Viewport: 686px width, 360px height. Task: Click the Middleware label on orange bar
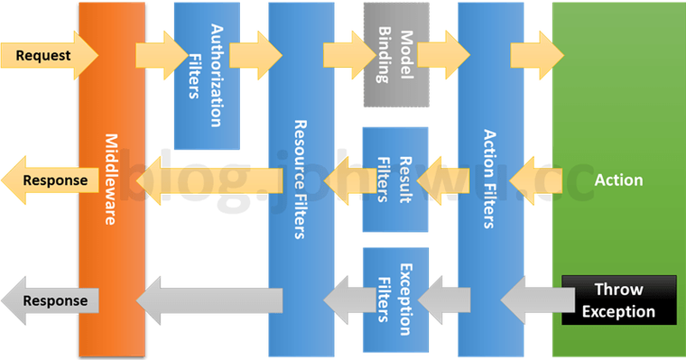112,180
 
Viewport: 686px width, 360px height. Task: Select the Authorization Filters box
207,76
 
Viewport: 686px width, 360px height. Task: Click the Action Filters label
490,180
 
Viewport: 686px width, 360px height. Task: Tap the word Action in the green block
618,180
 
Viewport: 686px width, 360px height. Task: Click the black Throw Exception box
618,300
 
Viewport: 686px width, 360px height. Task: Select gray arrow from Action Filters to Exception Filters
437,300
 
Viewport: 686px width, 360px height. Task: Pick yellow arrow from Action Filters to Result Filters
437,179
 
